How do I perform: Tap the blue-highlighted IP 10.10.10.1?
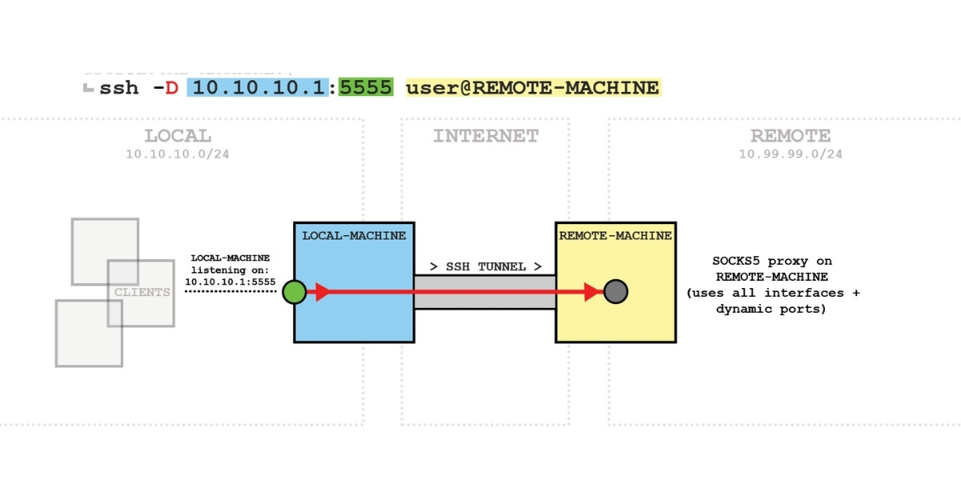click(x=259, y=88)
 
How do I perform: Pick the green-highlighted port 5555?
click(x=365, y=88)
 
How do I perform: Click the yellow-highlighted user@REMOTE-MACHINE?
click(x=532, y=88)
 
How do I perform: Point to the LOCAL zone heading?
click(x=178, y=136)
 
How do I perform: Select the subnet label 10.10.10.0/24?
click(x=178, y=154)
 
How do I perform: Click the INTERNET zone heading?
click(x=485, y=136)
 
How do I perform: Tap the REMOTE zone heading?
click(x=790, y=136)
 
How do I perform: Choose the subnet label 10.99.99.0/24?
click(x=790, y=154)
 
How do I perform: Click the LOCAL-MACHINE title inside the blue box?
click(x=354, y=236)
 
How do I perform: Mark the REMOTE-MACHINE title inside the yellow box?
click(x=615, y=236)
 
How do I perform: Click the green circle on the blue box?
click(x=294, y=292)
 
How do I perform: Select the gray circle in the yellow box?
click(x=615, y=292)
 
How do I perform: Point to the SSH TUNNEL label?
click(x=485, y=266)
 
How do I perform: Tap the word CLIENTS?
click(x=143, y=292)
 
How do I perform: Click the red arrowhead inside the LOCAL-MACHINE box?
click(x=323, y=292)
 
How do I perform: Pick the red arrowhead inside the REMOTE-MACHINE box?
click(x=593, y=292)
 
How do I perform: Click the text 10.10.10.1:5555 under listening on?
click(x=230, y=282)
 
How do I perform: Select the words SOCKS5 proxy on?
click(x=772, y=261)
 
